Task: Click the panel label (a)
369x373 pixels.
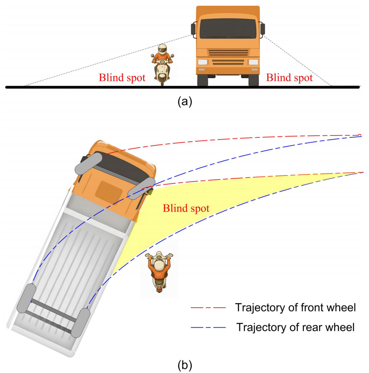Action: click(185, 101)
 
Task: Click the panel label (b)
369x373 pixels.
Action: click(185, 365)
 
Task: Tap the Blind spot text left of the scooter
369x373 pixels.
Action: click(122, 78)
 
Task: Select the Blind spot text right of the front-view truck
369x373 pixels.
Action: click(289, 78)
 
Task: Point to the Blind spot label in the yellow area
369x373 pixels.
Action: click(186, 208)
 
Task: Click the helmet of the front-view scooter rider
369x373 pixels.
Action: click(163, 49)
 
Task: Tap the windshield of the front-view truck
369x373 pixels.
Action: click(228, 29)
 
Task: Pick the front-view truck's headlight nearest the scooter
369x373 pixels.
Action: click(203, 62)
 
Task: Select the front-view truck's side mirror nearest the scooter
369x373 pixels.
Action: click(193, 29)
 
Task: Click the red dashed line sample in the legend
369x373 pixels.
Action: click(208, 307)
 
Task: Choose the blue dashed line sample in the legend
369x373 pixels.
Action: click(208, 328)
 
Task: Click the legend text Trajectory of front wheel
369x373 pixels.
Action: click(296, 307)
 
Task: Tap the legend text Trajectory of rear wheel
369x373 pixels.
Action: click(296, 327)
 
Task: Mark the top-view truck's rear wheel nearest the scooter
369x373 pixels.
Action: click(80, 323)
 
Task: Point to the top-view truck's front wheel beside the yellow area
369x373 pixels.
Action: click(142, 188)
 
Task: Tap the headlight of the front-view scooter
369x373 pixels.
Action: click(162, 62)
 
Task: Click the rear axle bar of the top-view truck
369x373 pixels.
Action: click(54, 309)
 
